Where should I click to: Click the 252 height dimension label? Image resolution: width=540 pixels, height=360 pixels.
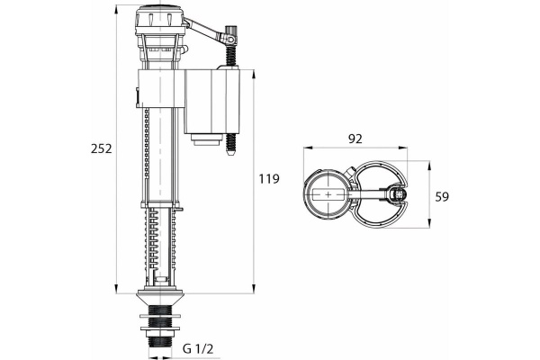[101, 148]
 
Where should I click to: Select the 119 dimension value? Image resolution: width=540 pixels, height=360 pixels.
[268, 179]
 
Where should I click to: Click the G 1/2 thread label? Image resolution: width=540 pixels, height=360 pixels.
[198, 348]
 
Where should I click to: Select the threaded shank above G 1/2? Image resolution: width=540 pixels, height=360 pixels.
[160, 327]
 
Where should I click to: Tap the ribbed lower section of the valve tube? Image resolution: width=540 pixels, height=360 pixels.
[161, 243]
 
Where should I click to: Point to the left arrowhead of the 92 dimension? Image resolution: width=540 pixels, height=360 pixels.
[303, 150]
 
